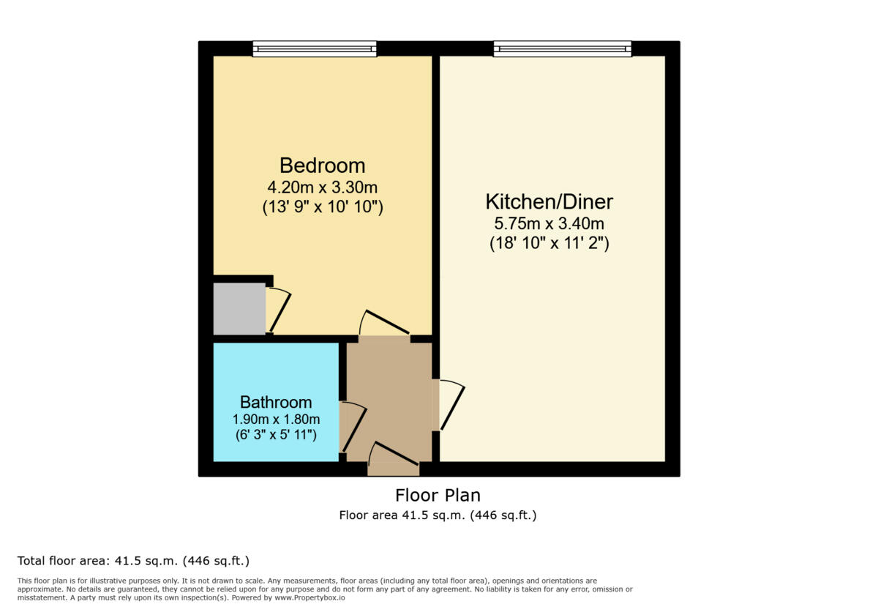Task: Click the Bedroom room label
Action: pyautogui.click(x=322, y=165)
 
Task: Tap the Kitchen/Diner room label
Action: pyautogui.click(x=549, y=201)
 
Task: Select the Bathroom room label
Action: pyautogui.click(x=276, y=402)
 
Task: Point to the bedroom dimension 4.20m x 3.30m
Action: pyautogui.click(x=322, y=187)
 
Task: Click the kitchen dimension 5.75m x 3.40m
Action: pyautogui.click(x=549, y=224)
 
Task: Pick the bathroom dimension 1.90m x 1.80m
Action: pyautogui.click(x=276, y=420)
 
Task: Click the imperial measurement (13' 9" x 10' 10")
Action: pyautogui.click(x=322, y=207)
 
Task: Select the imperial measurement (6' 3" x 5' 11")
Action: pyautogui.click(x=276, y=435)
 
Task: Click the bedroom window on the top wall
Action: pyautogui.click(x=315, y=49)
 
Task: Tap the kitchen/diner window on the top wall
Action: pyautogui.click(x=562, y=49)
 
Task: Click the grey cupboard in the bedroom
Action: pyautogui.click(x=239, y=309)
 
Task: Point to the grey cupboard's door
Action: pyautogui.click(x=279, y=310)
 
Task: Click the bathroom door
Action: pyautogui.click(x=353, y=426)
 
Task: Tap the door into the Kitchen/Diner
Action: pyautogui.click(x=451, y=404)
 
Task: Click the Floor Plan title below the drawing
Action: pyautogui.click(x=438, y=495)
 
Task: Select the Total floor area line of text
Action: pyautogui.click(x=133, y=562)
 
